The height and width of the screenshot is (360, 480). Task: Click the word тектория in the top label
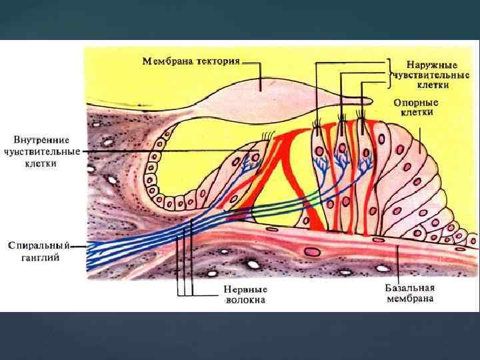click(x=217, y=61)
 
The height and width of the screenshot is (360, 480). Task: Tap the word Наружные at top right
click(x=431, y=65)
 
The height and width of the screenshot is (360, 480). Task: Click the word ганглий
click(x=39, y=257)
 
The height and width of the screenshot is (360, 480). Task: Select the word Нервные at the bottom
click(x=245, y=290)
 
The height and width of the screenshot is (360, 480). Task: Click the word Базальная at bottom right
click(x=409, y=288)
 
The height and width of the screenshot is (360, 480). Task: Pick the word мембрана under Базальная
click(x=409, y=298)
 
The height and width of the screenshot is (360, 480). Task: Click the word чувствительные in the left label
click(x=41, y=151)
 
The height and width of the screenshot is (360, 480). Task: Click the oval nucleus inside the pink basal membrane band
click(x=311, y=252)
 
